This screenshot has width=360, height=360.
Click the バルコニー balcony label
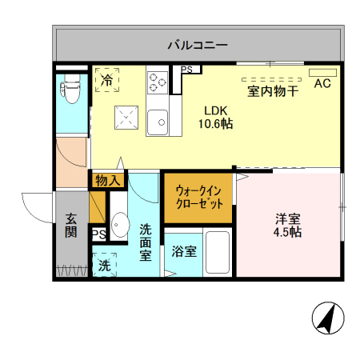tap(198, 44)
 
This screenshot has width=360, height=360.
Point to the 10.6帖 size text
tap(216, 124)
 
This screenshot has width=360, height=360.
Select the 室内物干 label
tap(273, 91)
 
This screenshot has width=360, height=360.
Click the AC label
tap(322, 83)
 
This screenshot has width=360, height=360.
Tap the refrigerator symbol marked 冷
tap(106, 80)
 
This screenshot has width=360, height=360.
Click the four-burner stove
tap(157, 81)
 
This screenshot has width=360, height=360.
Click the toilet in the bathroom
tap(70, 91)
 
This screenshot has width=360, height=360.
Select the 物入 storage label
tap(107, 181)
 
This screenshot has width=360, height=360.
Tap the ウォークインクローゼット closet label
tap(198, 197)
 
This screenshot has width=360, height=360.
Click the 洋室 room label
tap(288, 218)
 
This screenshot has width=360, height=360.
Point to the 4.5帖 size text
tap(288, 233)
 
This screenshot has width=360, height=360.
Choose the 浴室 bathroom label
tap(184, 252)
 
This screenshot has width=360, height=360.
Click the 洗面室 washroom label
tap(146, 242)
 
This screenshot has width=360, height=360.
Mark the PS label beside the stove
tap(186, 70)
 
